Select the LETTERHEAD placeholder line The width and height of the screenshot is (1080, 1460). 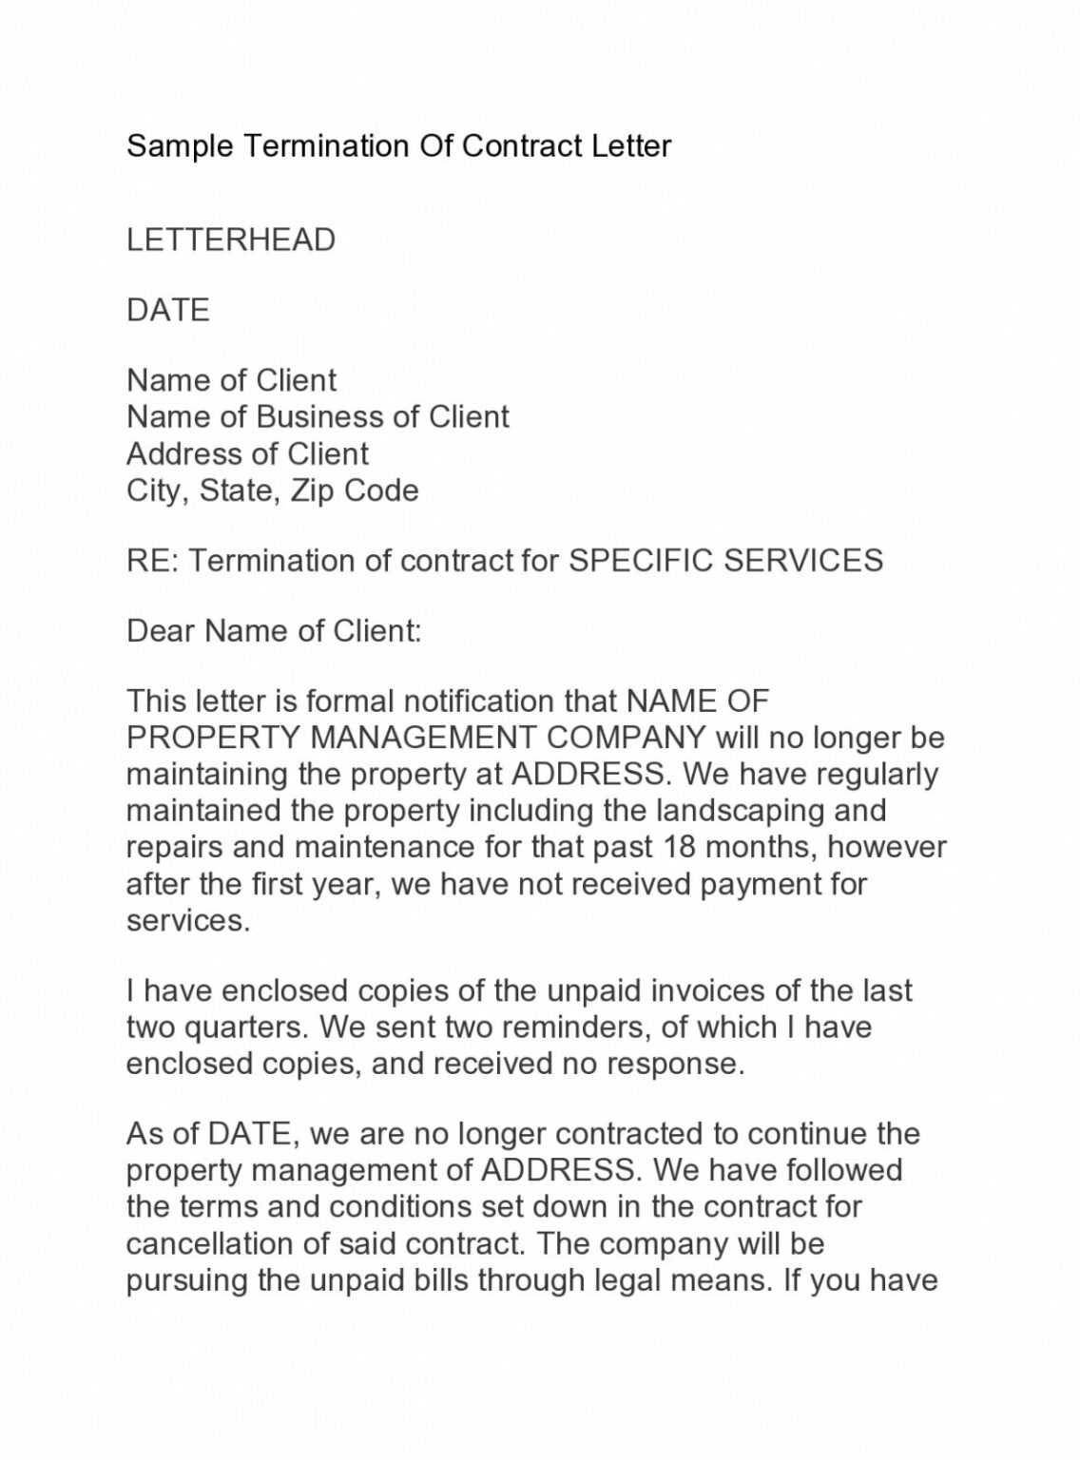[231, 240]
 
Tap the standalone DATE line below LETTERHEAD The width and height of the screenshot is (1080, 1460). [168, 310]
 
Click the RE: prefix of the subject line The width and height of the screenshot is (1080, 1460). [152, 561]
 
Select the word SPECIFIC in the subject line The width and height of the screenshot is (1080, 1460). [641, 561]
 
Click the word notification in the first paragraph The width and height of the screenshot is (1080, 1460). [480, 701]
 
